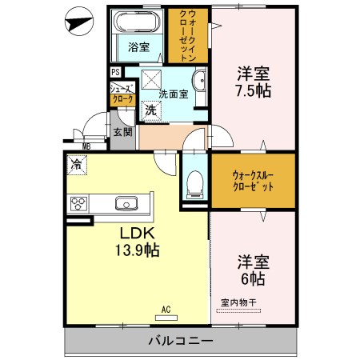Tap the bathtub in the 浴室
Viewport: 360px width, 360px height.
coord(137,23)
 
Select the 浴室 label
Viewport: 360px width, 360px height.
coord(138,46)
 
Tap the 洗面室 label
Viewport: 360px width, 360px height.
coord(174,94)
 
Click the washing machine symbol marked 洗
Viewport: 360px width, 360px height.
coord(150,111)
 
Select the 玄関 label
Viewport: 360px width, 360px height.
coord(122,132)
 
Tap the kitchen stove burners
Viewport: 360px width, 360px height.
coord(80,202)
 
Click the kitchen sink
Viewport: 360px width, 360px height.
coord(126,202)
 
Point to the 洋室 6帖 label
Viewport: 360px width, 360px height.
coord(253,270)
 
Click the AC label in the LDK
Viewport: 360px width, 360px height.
coord(166,308)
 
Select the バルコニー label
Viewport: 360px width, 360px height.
coord(180,341)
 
